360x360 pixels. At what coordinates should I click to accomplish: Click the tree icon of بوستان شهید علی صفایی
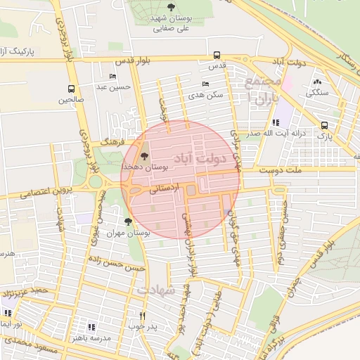(172, 8)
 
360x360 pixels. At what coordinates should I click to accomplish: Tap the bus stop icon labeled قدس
(217, 55)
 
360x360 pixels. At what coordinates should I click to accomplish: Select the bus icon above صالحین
(71, 89)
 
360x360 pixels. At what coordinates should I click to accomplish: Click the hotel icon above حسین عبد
(112, 76)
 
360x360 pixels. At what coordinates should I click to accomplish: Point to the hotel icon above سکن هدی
(205, 84)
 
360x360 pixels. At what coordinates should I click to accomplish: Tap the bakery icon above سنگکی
(317, 82)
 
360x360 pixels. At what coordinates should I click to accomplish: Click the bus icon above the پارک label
(323, 124)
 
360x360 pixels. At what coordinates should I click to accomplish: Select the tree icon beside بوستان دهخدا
(145, 156)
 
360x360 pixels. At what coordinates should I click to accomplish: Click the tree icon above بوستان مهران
(127, 221)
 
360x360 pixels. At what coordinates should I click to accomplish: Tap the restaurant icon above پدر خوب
(143, 316)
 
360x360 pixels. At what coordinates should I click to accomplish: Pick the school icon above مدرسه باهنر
(91, 326)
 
